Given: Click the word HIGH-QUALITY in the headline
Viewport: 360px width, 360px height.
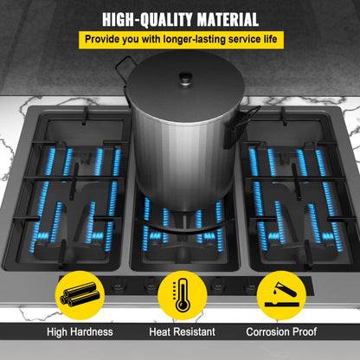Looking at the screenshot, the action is tap(148, 20).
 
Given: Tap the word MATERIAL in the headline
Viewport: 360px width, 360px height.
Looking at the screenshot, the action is tap(228, 20).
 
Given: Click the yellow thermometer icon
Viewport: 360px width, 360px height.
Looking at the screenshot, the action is tap(183, 295).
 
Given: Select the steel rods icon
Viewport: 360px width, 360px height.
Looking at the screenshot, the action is tap(80, 295).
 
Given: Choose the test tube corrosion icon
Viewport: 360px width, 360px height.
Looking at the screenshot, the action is tap(281, 295).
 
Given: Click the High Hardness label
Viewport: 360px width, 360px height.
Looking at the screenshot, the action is tap(80, 331).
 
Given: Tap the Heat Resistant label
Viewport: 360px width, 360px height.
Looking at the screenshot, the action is tap(183, 331).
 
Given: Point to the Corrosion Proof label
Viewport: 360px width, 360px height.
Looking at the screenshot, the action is tap(281, 331).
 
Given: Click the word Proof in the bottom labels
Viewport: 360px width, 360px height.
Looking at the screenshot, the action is tap(305, 331).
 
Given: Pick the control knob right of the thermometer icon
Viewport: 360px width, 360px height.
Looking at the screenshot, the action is tap(216, 285).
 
